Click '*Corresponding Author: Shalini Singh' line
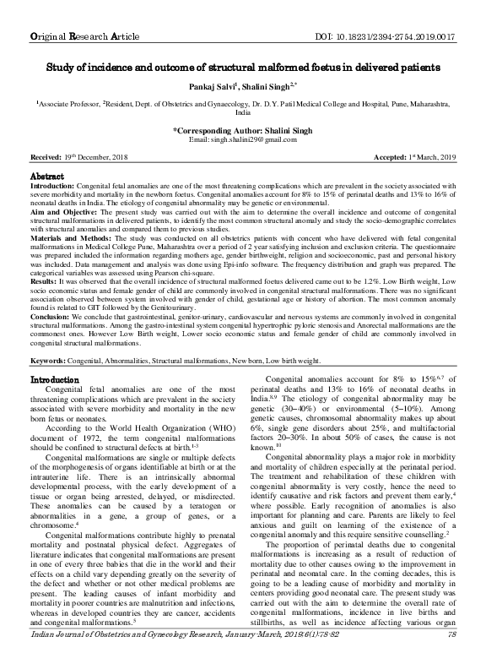[x=243, y=130]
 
